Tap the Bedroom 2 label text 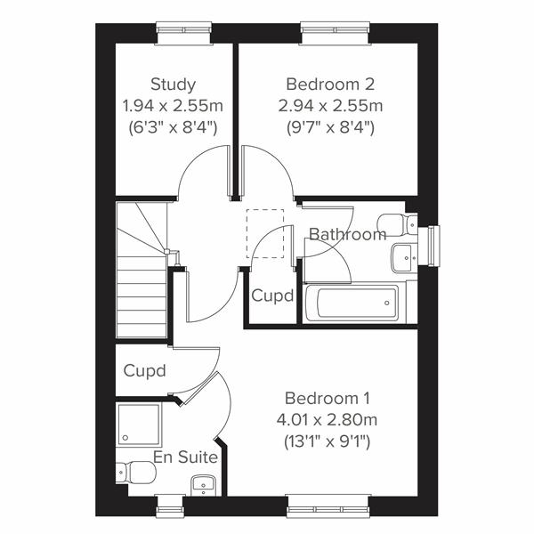[x=330, y=85]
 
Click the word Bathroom [x=347, y=235]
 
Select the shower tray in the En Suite [x=138, y=425]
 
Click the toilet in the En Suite [x=135, y=471]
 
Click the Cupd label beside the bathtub [x=272, y=296]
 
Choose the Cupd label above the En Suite [x=145, y=370]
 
